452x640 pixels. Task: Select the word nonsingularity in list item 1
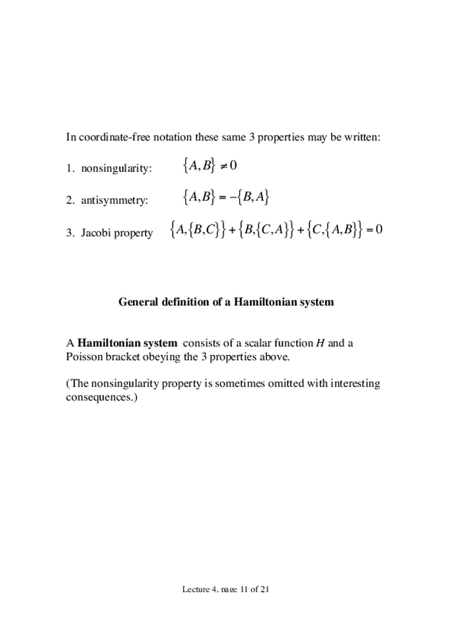pyautogui.click(x=116, y=169)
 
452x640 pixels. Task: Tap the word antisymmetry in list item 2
pyautogui.click(x=114, y=200)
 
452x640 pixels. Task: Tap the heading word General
pyautogui.click(x=139, y=302)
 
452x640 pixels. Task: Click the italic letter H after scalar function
pyautogui.click(x=319, y=343)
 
